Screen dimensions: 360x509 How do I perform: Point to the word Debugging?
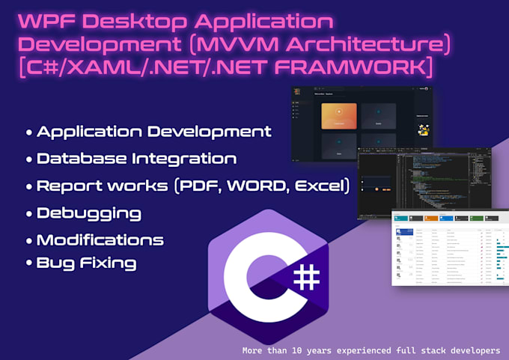pos(89,213)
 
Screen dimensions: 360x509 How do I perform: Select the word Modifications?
pos(100,240)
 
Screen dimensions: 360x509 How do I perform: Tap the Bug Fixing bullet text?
pos(87,263)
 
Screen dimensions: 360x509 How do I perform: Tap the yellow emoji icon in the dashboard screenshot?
pos(424,130)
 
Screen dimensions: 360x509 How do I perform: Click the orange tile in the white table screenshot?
pos(432,218)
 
